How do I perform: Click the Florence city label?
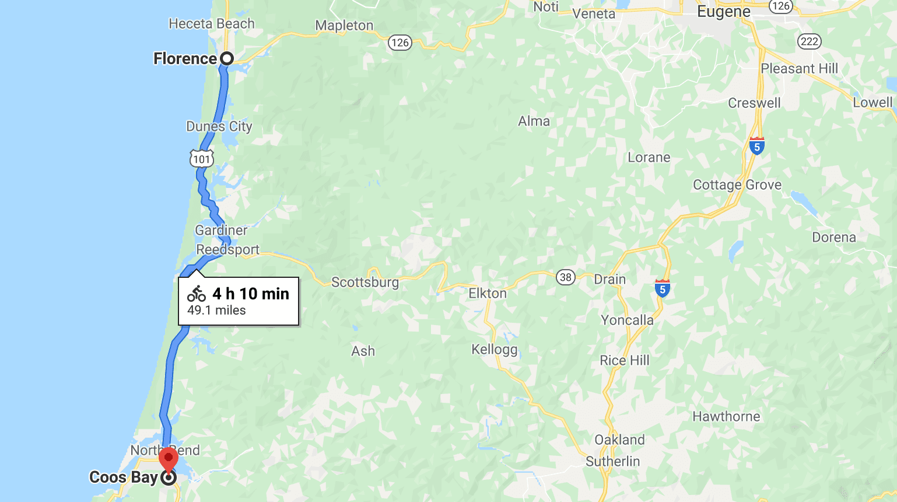pyautogui.click(x=185, y=58)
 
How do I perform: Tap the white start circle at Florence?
pyautogui.click(x=227, y=58)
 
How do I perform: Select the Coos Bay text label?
pyautogui.click(x=124, y=477)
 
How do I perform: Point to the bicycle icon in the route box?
pyautogui.click(x=197, y=294)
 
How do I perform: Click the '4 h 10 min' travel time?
pyautogui.click(x=251, y=294)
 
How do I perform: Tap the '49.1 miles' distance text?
pyautogui.click(x=216, y=311)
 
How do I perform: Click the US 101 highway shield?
pyautogui.click(x=201, y=159)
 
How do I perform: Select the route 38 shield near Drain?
pyautogui.click(x=565, y=277)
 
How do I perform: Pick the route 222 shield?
pyautogui.click(x=810, y=41)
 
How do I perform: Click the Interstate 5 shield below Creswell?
pyautogui.click(x=756, y=146)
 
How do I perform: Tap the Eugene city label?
pyautogui.click(x=724, y=12)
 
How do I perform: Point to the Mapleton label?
pyautogui.click(x=344, y=26)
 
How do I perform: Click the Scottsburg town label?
pyautogui.click(x=365, y=283)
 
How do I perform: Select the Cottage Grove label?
pyautogui.click(x=737, y=185)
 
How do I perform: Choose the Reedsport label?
pyautogui.click(x=227, y=250)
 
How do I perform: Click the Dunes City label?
pyautogui.click(x=219, y=127)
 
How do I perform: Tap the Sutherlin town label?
pyautogui.click(x=613, y=461)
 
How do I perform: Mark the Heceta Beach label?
pyautogui.click(x=212, y=24)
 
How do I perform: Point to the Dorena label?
pyautogui.click(x=834, y=238)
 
